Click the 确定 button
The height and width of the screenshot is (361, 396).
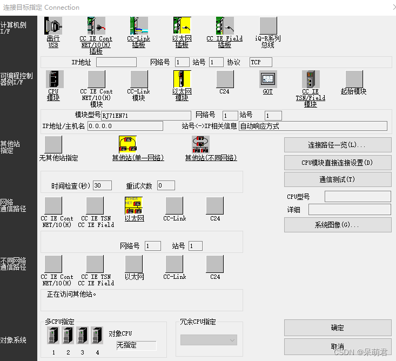(338, 327)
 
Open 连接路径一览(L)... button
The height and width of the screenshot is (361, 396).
(338, 145)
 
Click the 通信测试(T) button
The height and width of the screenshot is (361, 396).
(338, 179)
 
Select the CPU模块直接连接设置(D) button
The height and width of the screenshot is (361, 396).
(338, 162)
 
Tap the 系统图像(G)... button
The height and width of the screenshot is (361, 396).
(338, 225)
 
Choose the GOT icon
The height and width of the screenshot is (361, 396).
(267, 79)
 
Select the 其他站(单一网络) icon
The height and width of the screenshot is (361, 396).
(127, 144)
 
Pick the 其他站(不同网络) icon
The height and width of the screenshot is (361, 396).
(200, 144)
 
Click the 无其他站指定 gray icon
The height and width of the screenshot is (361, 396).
(53, 144)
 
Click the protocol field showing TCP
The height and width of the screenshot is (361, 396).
(260, 62)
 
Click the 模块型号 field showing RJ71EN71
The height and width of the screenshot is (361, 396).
(146, 116)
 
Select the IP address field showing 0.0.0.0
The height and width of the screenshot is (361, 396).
(125, 126)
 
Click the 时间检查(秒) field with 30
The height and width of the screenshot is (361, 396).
(102, 185)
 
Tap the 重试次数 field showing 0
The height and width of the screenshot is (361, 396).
(166, 185)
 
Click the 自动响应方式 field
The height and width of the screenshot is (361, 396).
(313, 126)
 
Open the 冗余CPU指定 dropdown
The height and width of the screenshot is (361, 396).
(209, 340)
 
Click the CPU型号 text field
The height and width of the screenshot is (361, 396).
(358, 196)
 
